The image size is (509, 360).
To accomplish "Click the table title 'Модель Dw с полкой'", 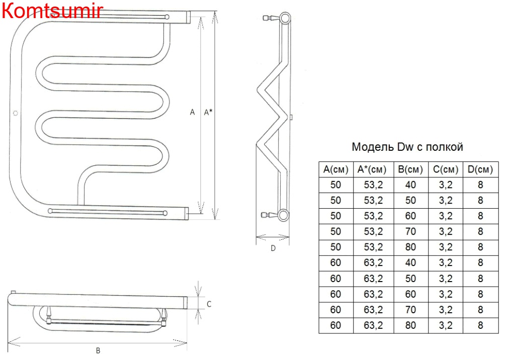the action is tap(407, 147).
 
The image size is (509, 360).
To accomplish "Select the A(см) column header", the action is tap(335, 169).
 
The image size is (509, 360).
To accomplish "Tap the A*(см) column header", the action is tap(372, 169).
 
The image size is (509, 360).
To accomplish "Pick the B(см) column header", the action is tap(410, 169).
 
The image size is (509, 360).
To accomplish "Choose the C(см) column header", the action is tap(446, 169).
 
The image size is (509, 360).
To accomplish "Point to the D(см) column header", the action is tap(480, 169).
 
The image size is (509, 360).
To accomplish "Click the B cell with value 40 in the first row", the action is tap(410, 185).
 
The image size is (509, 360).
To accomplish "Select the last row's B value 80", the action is tap(410, 325).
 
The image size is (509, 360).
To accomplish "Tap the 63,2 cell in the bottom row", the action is tap(373, 325).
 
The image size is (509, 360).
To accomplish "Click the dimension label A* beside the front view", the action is tap(208, 112).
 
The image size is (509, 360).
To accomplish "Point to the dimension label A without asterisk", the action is tap(192, 112).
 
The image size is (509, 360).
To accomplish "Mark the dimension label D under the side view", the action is tap(273, 248).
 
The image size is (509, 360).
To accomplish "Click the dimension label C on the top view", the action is tap(209, 304).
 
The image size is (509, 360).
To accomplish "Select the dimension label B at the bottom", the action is tap(98, 350).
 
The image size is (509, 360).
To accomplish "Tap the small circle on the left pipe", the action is tap(15, 113).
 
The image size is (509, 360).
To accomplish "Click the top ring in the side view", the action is tap(285, 18).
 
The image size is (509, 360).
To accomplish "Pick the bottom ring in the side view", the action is tap(283, 215).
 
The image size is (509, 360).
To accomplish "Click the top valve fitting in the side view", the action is tap(271, 18).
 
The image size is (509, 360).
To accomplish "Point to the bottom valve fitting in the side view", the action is tap(269, 215).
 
